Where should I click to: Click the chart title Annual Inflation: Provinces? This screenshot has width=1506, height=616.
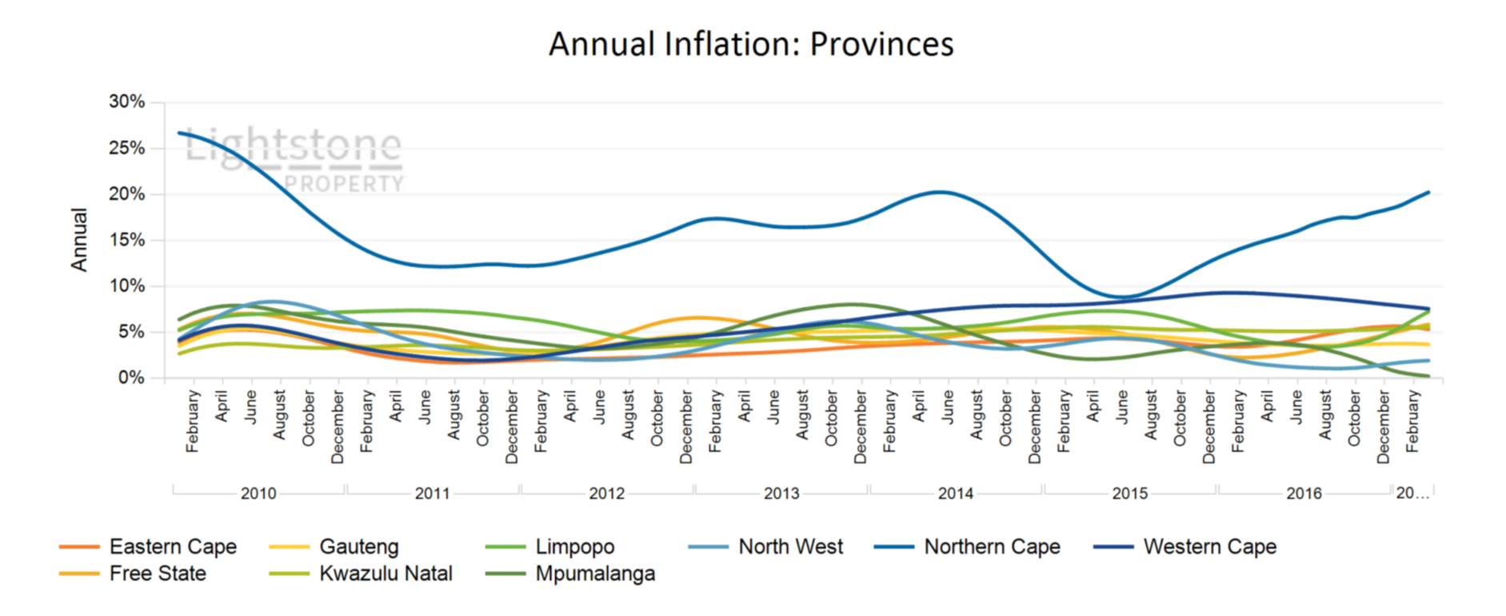[751, 44]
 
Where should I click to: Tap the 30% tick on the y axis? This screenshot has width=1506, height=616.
[127, 102]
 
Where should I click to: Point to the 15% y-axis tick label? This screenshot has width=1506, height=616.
[127, 240]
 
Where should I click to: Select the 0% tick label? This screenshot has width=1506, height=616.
[131, 378]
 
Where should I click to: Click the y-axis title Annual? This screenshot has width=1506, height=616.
[79, 240]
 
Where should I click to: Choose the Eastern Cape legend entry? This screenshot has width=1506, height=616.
[173, 546]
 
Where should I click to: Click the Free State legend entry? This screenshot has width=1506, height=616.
[158, 574]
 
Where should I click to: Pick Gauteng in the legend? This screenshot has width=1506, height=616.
[358, 546]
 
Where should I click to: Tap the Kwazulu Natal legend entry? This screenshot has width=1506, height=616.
[385, 574]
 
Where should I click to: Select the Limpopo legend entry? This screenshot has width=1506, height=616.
[574, 546]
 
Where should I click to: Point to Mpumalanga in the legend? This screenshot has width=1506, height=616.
[595, 574]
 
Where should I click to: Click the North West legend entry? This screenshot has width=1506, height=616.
[790, 546]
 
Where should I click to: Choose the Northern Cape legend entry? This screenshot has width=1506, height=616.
[992, 546]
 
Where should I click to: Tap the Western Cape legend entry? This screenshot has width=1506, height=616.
[1209, 546]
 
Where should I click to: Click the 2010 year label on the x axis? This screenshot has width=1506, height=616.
[258, 494]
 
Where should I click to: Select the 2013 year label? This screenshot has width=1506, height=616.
[781, 494]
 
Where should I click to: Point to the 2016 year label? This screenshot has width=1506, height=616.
[1304, 494]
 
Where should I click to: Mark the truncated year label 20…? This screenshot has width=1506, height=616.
[1412, 494]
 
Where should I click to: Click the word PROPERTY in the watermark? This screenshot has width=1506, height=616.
[344, 184]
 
